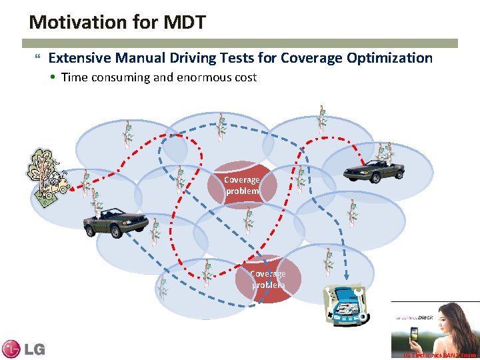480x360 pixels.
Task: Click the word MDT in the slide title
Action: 183,22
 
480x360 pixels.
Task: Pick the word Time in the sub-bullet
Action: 74,77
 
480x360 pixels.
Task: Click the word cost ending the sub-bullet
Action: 244,77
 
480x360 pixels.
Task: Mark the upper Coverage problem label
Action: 241,185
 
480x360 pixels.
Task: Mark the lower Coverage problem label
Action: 268,279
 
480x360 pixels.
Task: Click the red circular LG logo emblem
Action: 11,349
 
